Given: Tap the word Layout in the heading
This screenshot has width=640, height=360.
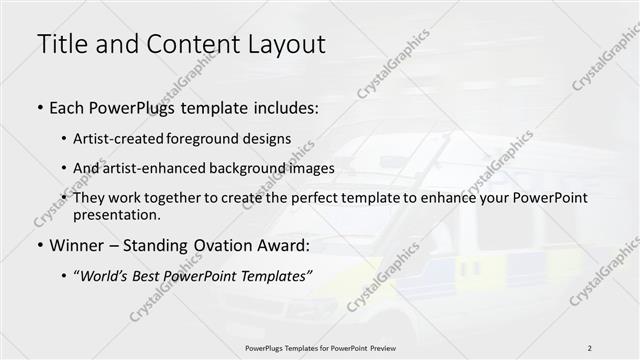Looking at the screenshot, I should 279,44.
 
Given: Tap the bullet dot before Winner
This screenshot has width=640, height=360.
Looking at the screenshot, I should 38,245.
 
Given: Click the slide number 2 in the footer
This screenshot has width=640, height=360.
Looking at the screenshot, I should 589,347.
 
